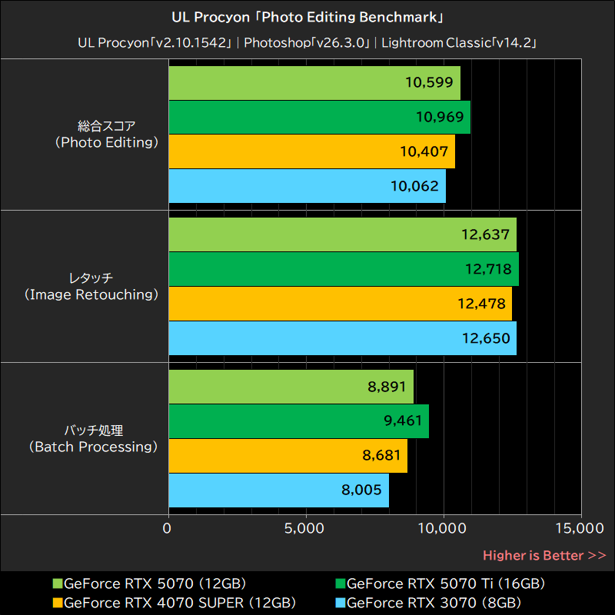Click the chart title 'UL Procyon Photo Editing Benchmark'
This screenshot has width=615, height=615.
click(307, 16)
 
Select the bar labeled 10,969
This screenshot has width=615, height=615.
click(319, 117)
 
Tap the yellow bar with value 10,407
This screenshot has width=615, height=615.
click(311, 151)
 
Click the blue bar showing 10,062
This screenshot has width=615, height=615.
click(307, 186)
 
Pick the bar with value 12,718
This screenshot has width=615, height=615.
click(343, 269)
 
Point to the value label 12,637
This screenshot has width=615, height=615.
click(484, 234)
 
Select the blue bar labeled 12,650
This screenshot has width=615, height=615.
click(342, 338)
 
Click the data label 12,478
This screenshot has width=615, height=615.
click(481, 304)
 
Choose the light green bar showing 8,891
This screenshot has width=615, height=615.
click(291, 387)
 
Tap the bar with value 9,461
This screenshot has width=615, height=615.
click(298, 421)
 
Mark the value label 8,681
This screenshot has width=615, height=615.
click(384, 456)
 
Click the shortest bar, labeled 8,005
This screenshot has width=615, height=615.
click(278, 490)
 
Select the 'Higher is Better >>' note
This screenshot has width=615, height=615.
click(544, 555)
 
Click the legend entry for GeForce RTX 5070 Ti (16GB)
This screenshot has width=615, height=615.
click(446, 583)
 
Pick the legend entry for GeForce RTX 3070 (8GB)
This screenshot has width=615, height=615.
click(434, 602)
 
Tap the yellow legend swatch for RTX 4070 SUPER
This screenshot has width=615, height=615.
click(57, 602)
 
